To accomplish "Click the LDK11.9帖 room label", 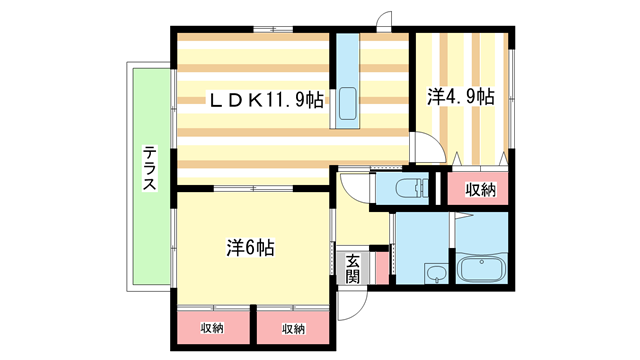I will click(264, 101).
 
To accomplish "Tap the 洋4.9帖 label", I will click(461, 98).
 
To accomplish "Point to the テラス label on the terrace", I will click(148, 169).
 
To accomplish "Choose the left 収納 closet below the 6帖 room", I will click(211, 328).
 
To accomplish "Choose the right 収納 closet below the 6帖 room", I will click(292, 328).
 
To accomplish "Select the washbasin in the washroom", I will click(434, 275).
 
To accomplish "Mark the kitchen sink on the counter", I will click(347, 103).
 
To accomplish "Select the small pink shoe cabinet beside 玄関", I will click(377, 267).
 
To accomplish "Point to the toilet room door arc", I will click(356, 187).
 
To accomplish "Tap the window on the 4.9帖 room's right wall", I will click(512, 100).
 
